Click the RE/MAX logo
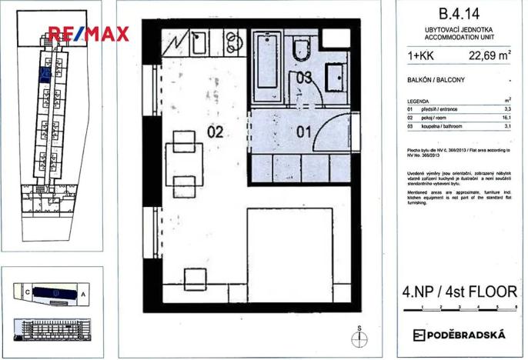click(89, 34)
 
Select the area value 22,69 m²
click(490, 55)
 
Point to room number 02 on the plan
click(215, 132)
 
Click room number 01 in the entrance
click(303, 132)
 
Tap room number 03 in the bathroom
click(304, 76)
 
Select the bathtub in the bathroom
click(267, 68)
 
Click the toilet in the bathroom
click(301, 51)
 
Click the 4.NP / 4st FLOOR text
click(459, 292)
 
